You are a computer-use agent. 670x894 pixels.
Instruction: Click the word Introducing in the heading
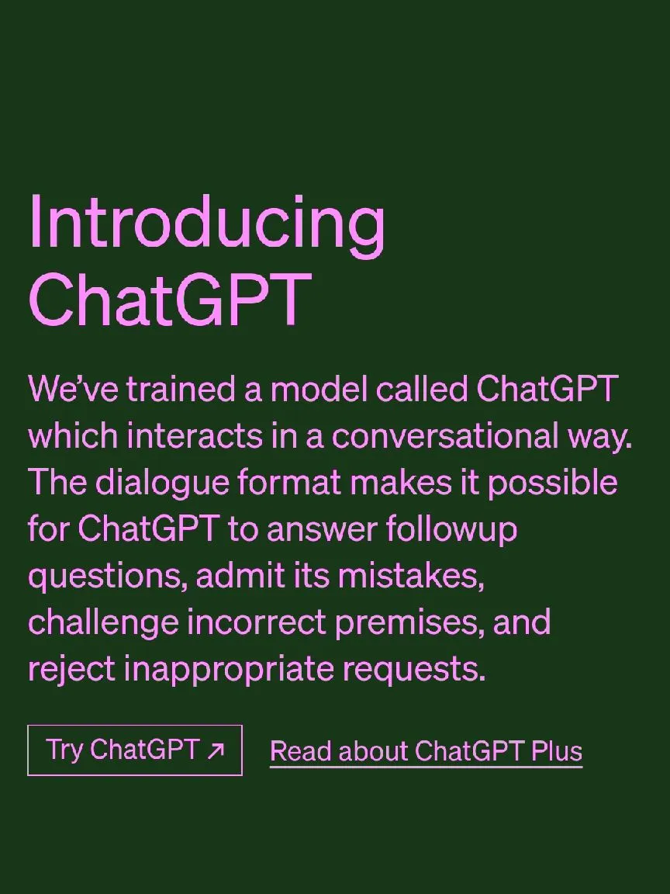click(x=207, y=225)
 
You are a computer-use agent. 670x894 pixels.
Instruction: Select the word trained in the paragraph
click(x=180, y=390)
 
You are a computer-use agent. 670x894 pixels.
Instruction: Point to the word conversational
click(x=445, y=437)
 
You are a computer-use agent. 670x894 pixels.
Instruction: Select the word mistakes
click(x=411, y=577)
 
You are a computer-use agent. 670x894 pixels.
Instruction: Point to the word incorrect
click(x=257, y=623)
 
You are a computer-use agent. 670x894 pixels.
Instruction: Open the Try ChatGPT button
click(x=135, y=750)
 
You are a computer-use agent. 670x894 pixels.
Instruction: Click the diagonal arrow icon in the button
click(x=216, y=751)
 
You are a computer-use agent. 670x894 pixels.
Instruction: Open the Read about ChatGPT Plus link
click(x=427, y=751)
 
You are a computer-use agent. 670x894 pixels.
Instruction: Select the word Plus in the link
click(x=557, y=750)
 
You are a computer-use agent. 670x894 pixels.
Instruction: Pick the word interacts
click(x=195, y=437)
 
